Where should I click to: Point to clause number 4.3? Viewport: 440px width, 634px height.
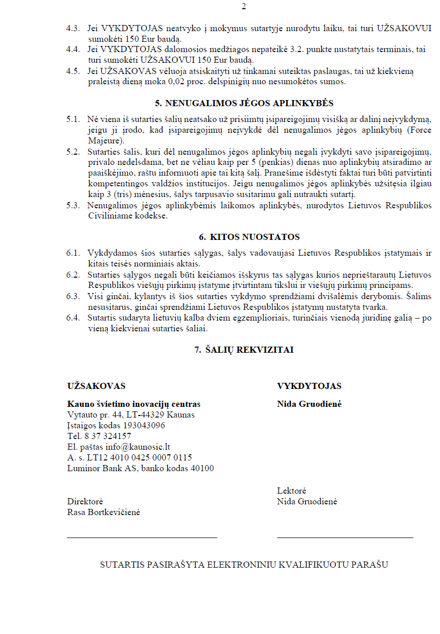[x=73, y=29]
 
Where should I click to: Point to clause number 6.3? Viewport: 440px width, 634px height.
[x=73, y=297]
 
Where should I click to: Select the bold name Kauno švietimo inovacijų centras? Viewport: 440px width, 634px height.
[x=134, y=404]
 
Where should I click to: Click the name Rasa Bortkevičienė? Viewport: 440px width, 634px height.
[x=104, y=512]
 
